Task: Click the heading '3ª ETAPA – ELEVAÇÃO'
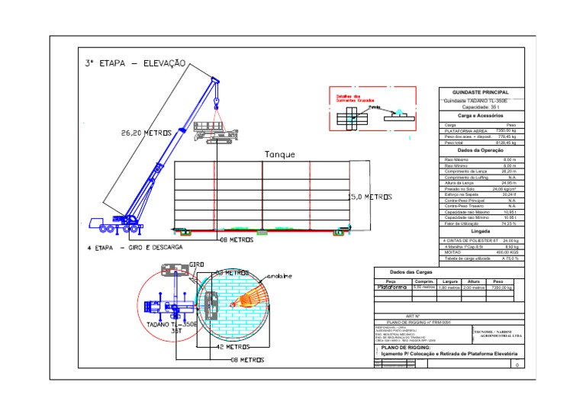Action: point(134,65)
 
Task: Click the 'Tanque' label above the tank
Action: point(279,154)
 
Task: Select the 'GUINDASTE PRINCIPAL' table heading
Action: point(480,91)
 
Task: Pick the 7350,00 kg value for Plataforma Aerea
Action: point(506,131)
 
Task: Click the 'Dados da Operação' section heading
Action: point(480,150)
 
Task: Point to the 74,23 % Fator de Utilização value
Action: point(509,223)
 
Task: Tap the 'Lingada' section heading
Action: point(480,230)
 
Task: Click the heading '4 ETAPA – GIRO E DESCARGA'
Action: point(134,248)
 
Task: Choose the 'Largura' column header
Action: point(449,281)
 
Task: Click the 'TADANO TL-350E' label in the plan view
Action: point(172,323)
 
